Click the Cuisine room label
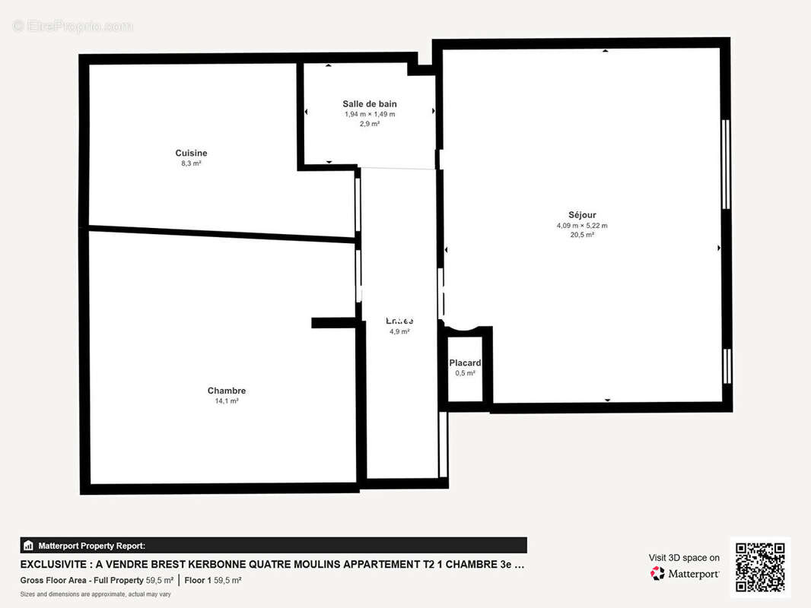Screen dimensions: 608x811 pos(191,153)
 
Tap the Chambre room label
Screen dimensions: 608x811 pos(227,391)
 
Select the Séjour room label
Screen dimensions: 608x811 pos(582,215)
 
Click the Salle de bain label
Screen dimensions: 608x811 pos(370,104)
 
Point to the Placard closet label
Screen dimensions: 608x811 pos(465,363)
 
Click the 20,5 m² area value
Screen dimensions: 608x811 pos(582,235)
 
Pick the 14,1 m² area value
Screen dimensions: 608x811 pos(227,401)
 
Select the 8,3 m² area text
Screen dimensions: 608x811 pos(191,163)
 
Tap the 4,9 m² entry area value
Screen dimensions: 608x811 pos(399,331)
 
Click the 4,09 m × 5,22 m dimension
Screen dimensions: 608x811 pos(582,226)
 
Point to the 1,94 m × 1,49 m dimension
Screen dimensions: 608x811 pos(370,114)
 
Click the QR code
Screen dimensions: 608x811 pos(760,567)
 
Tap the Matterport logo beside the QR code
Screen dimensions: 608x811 pos(685,574)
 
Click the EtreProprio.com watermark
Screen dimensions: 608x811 pos(73,26)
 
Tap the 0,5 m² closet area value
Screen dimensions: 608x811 pos(465,373)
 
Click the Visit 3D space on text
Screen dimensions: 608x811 pos(684,558)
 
